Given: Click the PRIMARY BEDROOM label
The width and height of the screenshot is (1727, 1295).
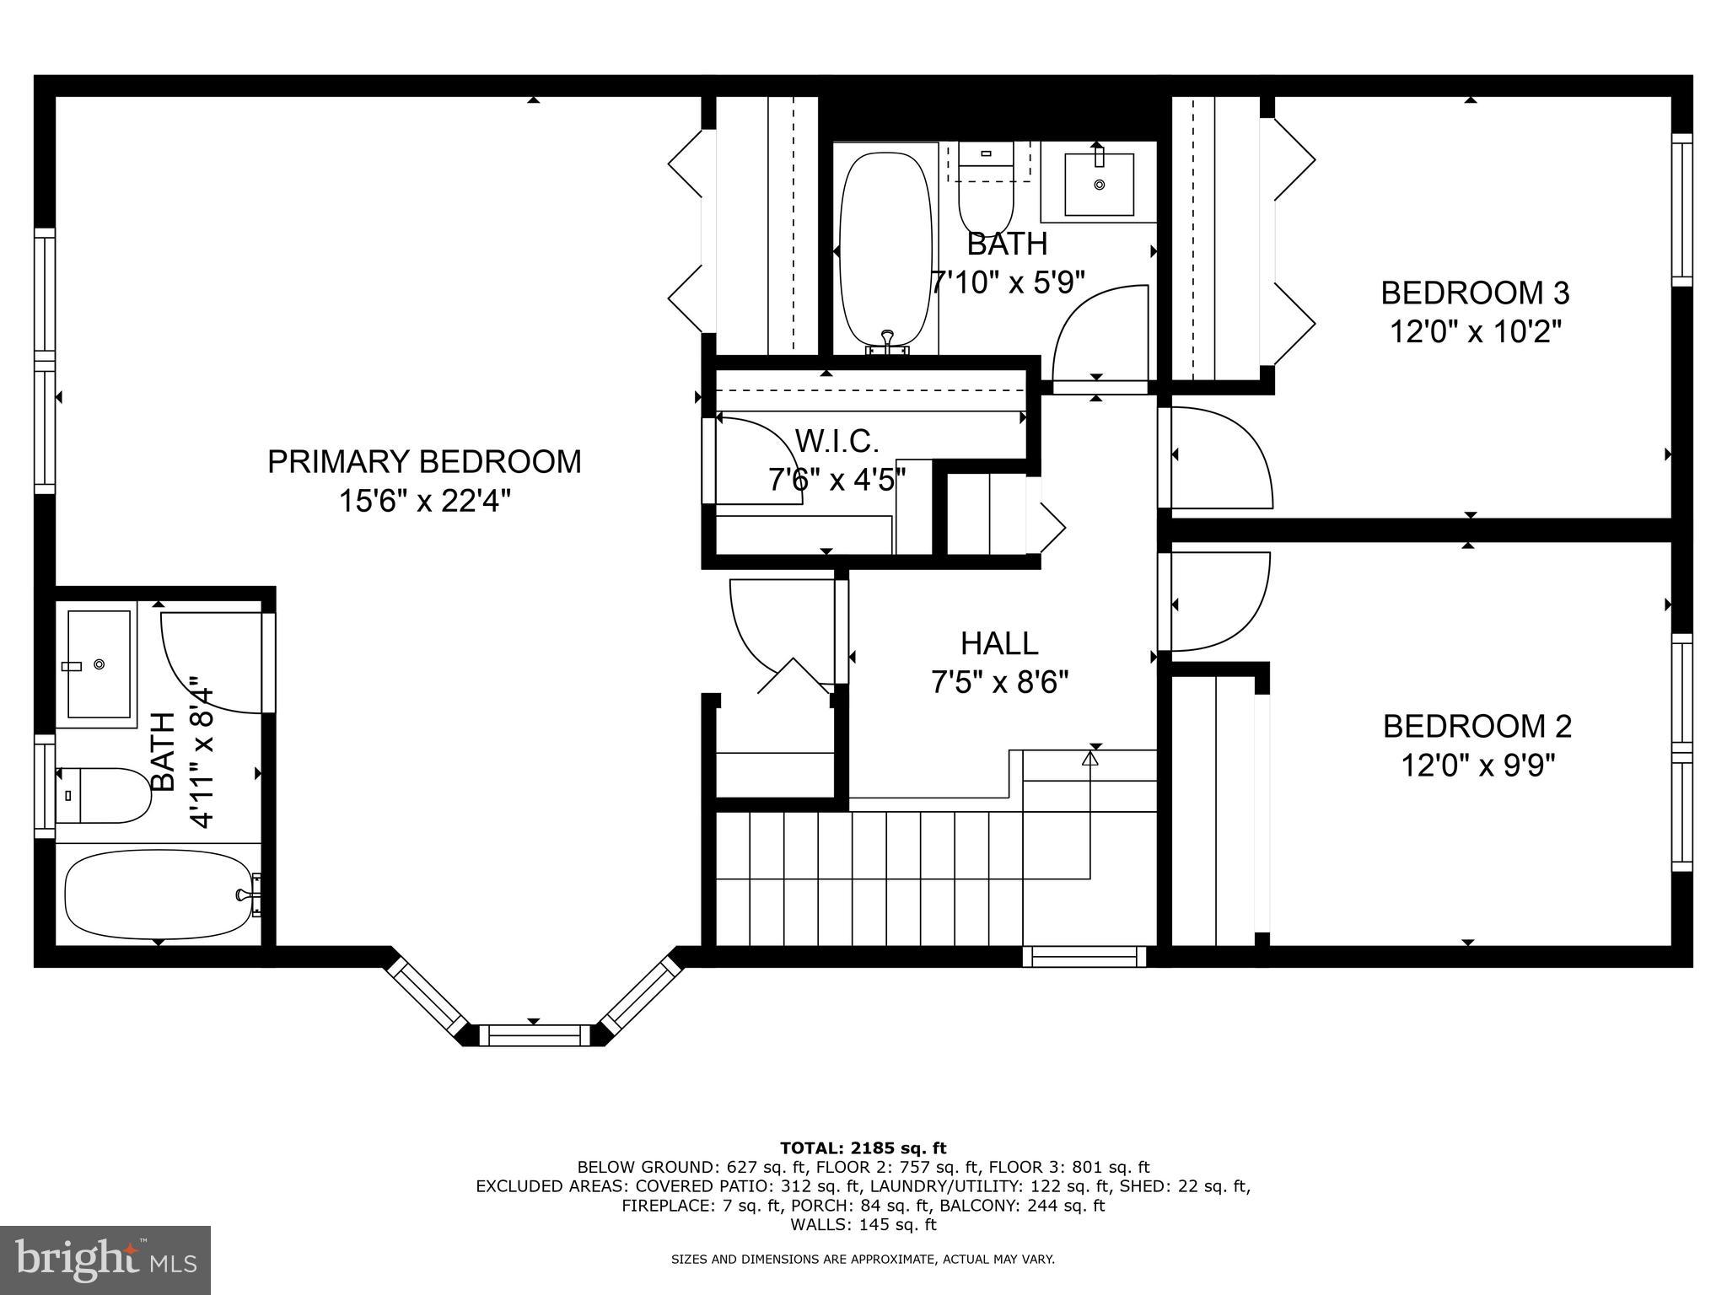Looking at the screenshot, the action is pyautogui.click(x=424, y=462).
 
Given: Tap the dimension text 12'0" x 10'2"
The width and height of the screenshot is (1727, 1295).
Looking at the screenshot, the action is pyautogui.click(x=1476, y=332).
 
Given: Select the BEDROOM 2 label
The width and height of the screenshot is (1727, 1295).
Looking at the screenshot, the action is pyautogui.click(x=1477, y=726).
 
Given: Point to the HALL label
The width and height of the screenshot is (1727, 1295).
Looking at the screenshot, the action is pyautogui.click(x=999, y=644).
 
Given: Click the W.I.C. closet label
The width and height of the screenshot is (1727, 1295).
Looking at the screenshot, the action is pyautogui.click(x=837, y=440).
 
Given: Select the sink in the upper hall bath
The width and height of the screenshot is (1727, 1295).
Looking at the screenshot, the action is pyautogui.click(x=1099, y=184).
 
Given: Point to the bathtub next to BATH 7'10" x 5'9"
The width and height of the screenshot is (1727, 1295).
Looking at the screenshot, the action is pyautogui.click(x=886, y=250).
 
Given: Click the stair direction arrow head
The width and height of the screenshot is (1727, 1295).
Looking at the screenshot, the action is pyautogui.click(x=1090, y=758).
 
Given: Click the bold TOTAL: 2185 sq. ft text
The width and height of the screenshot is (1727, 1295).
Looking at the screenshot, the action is pyautogui.click(x=863, y=1147).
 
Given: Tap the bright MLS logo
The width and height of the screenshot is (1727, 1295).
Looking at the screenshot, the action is pyautogui.click(x=105, y=1260).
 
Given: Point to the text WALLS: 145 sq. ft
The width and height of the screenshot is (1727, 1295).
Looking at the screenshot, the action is pyautogui.click(x=863, y=1224).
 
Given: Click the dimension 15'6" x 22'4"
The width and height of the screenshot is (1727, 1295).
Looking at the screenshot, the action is pyautogui.click(x=424, y=502).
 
